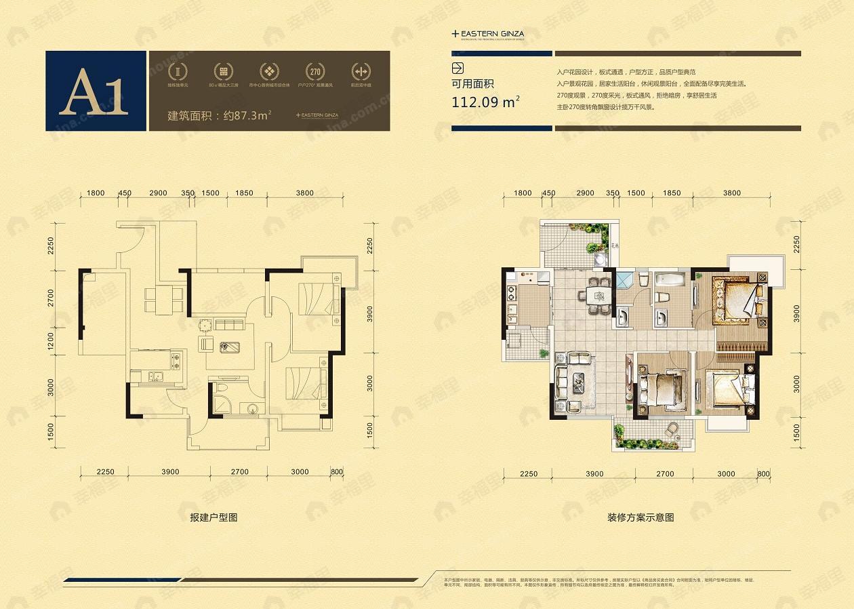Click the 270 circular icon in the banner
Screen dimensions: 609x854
tap(314, 72)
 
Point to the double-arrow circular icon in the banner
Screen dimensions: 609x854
tap(360, 72)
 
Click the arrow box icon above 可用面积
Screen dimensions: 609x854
tap(457, 68)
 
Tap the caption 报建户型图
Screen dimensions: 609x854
tap(213, 517)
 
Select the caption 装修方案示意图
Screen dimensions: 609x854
tap(640, 517)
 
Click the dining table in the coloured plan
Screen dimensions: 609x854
tap(597, 295)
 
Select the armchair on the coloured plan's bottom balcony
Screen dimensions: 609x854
tap(672, 429)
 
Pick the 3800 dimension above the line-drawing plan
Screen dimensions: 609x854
tap(305, 193)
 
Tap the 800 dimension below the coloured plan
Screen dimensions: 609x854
tap(763, 473)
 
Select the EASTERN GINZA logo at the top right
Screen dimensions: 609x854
tap(488, 33)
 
